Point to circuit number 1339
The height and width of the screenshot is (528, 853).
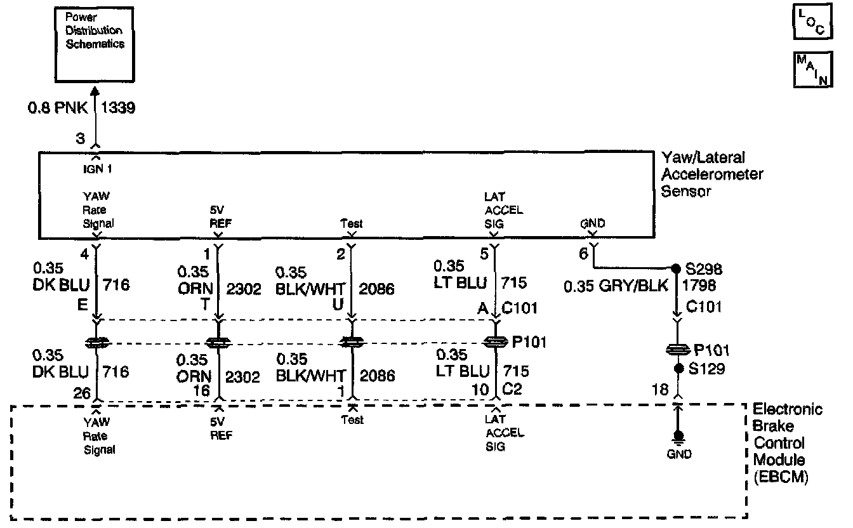click(x=119, y=109)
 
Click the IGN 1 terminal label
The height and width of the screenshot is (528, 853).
click(x=96, y=170)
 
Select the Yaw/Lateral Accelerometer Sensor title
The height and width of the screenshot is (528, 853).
click(x=711, y=174)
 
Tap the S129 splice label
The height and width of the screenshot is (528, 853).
click(x=710, y=368)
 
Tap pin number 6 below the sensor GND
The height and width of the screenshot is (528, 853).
click(x=584, y=254)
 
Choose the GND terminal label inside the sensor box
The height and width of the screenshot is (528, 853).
click(x=592, y=223)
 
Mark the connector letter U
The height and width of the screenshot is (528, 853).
click(x=338, y=305)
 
